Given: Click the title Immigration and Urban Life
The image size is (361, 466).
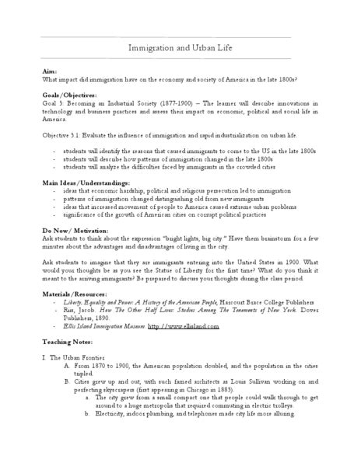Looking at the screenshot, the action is coord(180,49).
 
